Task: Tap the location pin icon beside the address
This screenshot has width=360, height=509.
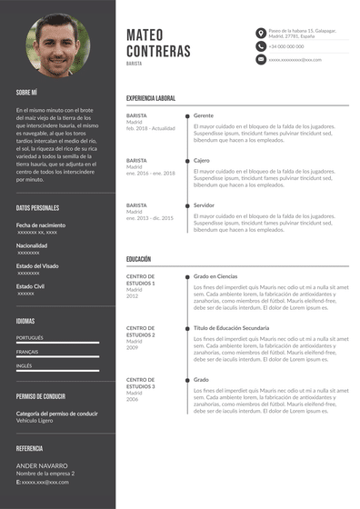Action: [x=261, y=32]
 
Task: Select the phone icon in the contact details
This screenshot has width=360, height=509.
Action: [x=261, y=45]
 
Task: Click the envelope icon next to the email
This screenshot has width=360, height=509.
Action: [x=261, y=59]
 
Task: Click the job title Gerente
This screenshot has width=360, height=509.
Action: [x=204, y=116]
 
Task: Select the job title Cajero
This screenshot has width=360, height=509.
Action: [x=202, y=161]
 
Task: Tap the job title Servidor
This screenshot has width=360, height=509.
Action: [x=205, y=205]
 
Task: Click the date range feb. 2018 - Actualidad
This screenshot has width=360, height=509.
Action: [x=150, y=128]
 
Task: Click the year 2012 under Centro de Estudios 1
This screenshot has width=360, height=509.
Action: [x=133, y=296]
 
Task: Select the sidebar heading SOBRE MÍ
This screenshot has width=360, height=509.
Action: [x=26, y=92]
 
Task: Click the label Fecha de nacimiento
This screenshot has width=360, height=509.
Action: [x=41, y=225]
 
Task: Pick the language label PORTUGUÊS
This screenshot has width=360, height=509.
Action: [x=30, y=337]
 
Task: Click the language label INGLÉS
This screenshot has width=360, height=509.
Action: [x=25, y=365]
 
